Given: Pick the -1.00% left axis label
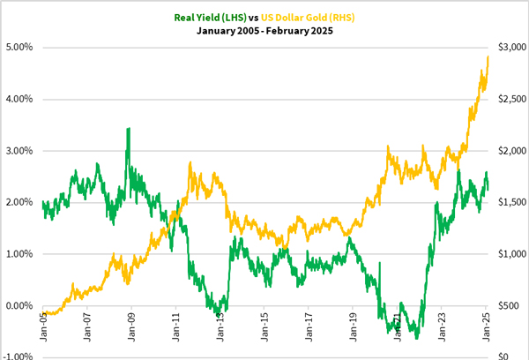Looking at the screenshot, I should [x=18, y=357].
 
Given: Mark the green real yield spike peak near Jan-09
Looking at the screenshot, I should [x=129, y=129].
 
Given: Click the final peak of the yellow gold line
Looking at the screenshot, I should [x=488, y=57].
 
